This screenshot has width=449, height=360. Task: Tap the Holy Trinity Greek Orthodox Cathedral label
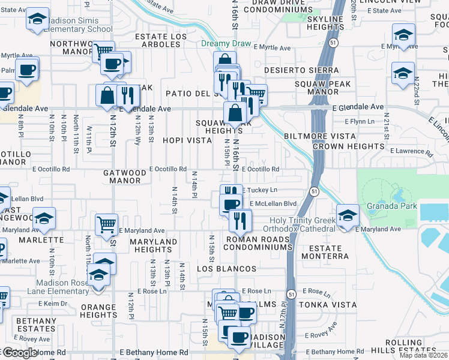coord(303,224)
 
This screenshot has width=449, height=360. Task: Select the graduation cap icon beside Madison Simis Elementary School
coord(38,20)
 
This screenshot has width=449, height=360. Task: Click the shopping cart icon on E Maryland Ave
coord(106,225)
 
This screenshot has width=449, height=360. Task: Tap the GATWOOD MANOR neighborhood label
coord(124,176)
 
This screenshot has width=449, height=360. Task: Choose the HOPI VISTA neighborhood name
coord(187,140)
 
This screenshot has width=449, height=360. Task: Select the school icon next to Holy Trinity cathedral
coord(348,215)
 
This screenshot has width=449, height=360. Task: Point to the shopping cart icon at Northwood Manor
coord(104,51)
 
